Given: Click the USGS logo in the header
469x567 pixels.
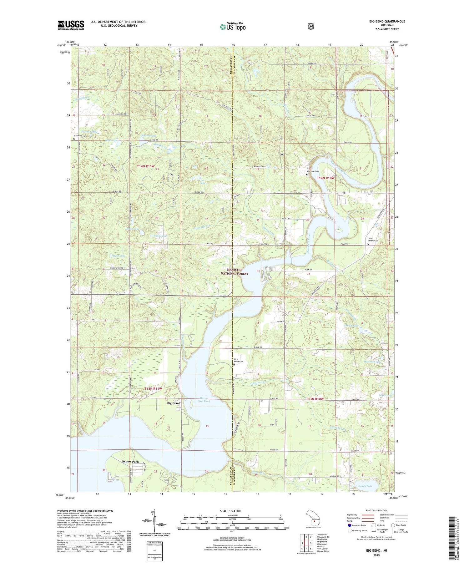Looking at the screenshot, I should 71,25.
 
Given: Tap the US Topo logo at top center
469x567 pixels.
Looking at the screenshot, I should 233,26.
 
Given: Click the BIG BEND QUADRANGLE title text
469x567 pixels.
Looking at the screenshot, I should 387,21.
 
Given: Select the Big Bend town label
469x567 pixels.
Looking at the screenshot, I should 173,403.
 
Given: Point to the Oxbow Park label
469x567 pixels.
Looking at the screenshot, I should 130,461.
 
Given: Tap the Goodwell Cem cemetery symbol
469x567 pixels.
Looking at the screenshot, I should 74,139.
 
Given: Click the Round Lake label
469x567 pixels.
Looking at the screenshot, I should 160,235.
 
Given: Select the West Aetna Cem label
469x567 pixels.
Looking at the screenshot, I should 239,360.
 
